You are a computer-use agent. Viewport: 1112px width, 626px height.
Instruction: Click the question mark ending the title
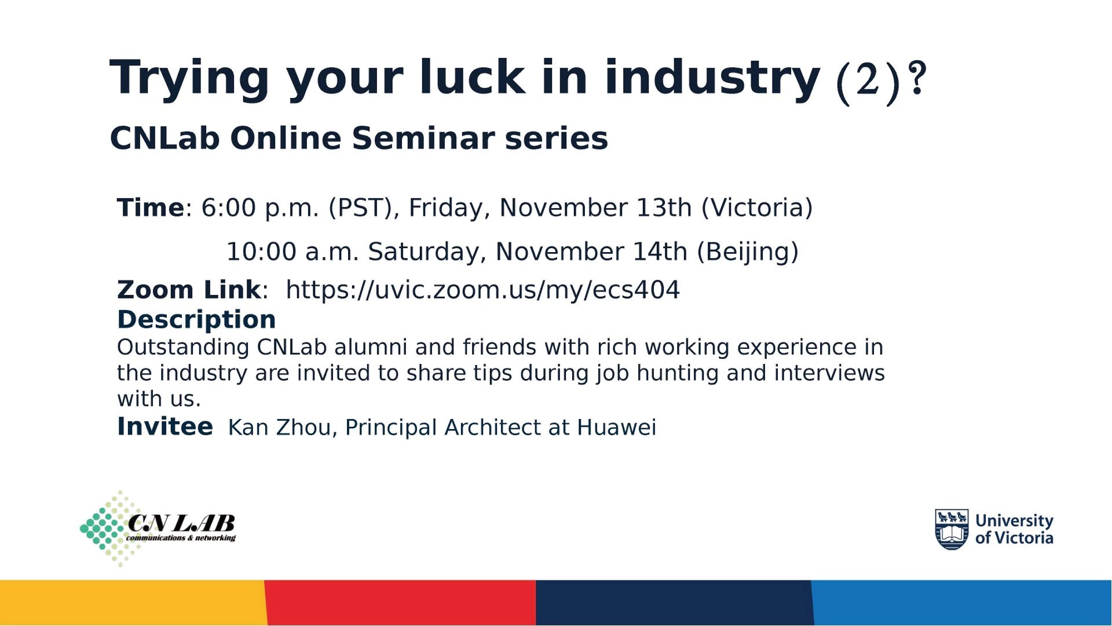tap(917, 78)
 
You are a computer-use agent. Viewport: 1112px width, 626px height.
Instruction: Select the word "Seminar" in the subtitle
tap(422, 138)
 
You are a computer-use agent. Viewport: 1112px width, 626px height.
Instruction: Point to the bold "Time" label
tap(151, 208)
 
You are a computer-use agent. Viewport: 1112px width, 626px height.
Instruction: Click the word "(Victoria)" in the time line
tap(757, 208)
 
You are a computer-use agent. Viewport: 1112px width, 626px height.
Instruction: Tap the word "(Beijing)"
tap(748, 252)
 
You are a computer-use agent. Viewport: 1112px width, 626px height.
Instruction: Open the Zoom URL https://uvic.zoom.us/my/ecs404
tap(482, 290)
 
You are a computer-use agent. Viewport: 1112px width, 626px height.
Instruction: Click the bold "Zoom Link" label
tap(189, 290)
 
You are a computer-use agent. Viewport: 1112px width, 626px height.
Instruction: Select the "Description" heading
tap(196, 319)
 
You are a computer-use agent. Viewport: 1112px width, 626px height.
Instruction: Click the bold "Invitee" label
tap(165, 427)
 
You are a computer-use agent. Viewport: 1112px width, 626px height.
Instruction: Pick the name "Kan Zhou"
tap(279, 428)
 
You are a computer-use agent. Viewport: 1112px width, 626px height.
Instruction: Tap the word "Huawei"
tap(616, 428)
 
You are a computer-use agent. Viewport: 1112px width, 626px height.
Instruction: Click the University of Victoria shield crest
tap(952, 529)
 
